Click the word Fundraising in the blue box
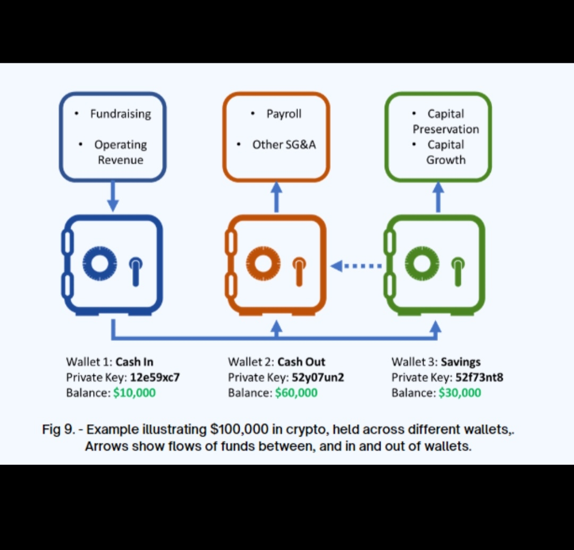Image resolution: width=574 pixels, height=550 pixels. (120, 114)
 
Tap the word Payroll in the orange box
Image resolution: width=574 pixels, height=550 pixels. (284, 114)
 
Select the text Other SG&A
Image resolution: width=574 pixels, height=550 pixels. (284, 145)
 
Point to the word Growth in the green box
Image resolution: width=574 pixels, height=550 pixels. (445, 160)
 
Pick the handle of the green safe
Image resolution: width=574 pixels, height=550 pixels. (458, 269)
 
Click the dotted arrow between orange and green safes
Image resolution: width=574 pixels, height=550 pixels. (356, 265)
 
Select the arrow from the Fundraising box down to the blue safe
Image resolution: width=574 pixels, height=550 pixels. (113, 197)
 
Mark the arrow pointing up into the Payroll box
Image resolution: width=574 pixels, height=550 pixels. (276, 197)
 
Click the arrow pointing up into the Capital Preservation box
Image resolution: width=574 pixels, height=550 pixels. (438, 197)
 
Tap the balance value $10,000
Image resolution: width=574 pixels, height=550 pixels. (134, 393)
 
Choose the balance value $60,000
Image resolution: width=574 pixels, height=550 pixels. (296, 393)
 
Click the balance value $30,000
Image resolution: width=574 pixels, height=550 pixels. (460, 393)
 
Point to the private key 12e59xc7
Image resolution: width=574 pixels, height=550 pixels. (155, 378)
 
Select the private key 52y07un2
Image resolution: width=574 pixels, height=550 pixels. (318, 378)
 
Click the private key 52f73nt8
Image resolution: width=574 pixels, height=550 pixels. (479, 378)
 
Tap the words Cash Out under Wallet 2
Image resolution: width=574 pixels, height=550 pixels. (301, 362)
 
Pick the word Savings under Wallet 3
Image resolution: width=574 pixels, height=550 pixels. (460, 362)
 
